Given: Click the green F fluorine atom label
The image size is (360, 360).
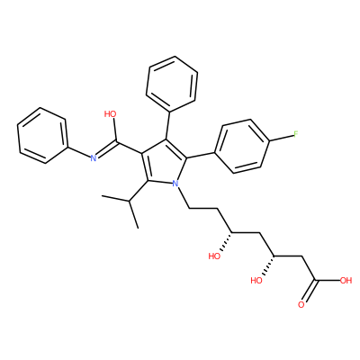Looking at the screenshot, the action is click(x=295, y=134).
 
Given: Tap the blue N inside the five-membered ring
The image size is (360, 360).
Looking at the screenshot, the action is click(x=175, y=183).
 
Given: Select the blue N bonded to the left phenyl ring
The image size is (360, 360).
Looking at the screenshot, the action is click(x=94, y=158).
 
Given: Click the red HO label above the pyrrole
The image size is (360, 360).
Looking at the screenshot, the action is click(x=110, y=114).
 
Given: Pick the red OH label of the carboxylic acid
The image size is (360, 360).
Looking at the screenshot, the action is click(x=346, y=281).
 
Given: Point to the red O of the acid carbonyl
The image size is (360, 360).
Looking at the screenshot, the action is click(x=301, y=305).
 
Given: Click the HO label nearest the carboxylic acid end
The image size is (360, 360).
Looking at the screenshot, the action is click(x=256, y=281).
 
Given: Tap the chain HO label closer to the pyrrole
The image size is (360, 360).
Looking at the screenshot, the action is click(x=214, y=256).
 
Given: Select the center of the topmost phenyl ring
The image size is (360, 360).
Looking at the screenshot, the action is click(x=172, y=84).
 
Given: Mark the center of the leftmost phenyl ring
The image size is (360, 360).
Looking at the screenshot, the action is click(x=41, y=136).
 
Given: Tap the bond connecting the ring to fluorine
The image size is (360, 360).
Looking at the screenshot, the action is click(x=281, y=138).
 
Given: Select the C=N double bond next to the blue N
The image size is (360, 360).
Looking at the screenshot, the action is click(x=106, y=149).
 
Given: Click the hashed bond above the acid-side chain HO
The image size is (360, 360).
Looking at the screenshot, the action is click(x=269, y=266).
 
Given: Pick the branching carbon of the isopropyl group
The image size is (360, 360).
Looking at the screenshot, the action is click(x=130, y=201).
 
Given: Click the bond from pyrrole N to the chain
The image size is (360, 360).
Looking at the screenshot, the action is click(x=184, y=197).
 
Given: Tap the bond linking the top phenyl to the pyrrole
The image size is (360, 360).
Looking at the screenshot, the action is click(x=168, y=125).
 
